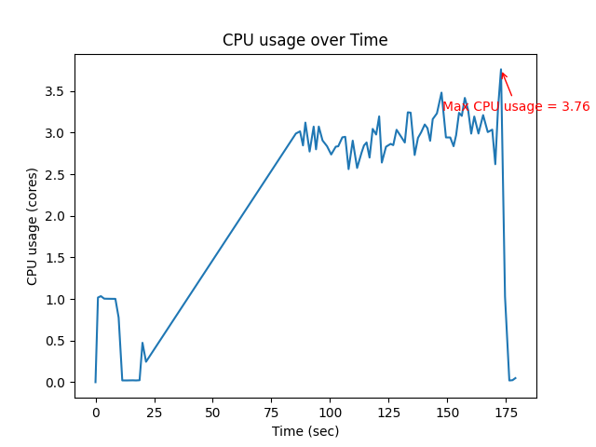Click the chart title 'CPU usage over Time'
tap(305, 40)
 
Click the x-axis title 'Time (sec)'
tap(305, 431)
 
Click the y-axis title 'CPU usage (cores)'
tap(33, 226)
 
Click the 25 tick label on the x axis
tap(154, 410)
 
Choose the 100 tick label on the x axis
tap(330, 410)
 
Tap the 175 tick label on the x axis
tap(506, 410)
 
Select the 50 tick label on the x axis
tap(212, 410)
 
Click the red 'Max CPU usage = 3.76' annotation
tap(516, 107)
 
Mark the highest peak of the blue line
tap(501, 70)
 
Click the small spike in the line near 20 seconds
tap(142, 343)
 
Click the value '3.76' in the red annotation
tap(576, 107)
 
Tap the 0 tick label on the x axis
tap(95, 410)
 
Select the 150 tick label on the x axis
tap(447, 410)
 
